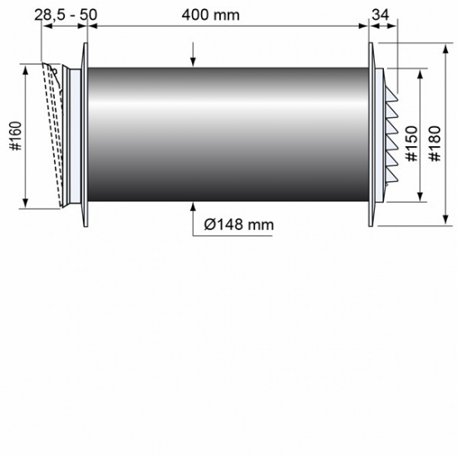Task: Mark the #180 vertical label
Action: click(433, 146)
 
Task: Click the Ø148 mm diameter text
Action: click(239, 224)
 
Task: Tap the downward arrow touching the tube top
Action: click(193, 60)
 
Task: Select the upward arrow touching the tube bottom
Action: click(193, 208)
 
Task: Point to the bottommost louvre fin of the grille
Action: click(391, 184)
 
